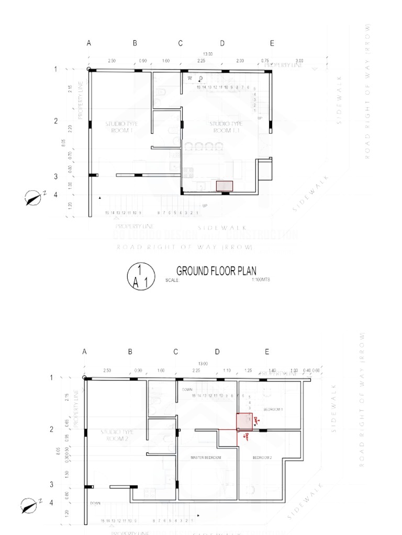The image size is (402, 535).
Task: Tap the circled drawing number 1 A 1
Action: [140, 276]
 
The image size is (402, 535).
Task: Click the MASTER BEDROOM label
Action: [206, 458]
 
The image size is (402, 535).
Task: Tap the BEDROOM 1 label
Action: [273, 409]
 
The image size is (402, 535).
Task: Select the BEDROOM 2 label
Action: [262, 458]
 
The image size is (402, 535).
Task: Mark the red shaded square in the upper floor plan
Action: [244, 422]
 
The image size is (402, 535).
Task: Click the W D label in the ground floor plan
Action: [195, 78]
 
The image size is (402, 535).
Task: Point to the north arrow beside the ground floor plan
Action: [34, 198]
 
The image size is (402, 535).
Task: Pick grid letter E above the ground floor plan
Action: [272, 43]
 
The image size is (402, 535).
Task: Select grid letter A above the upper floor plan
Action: [84, 352]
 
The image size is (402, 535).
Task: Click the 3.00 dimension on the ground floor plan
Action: [299, 61]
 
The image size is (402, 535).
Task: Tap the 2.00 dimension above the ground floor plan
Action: [240, 61]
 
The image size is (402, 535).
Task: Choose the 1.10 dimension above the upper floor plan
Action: [227, 370]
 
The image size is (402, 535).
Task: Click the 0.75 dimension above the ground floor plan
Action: [265, 61]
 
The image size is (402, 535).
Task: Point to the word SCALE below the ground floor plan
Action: [172, 281]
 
